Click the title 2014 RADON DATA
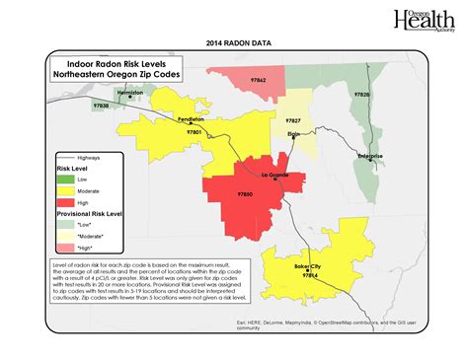pyautogui.click(x=234, y=43)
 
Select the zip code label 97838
pyautogui.click(x=101, y=104)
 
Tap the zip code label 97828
pyautogui.click(x=361, y=94)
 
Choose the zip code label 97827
pyautogui.click(x=293, y=119)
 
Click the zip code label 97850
pyautogui.click(x=246, y=194)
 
